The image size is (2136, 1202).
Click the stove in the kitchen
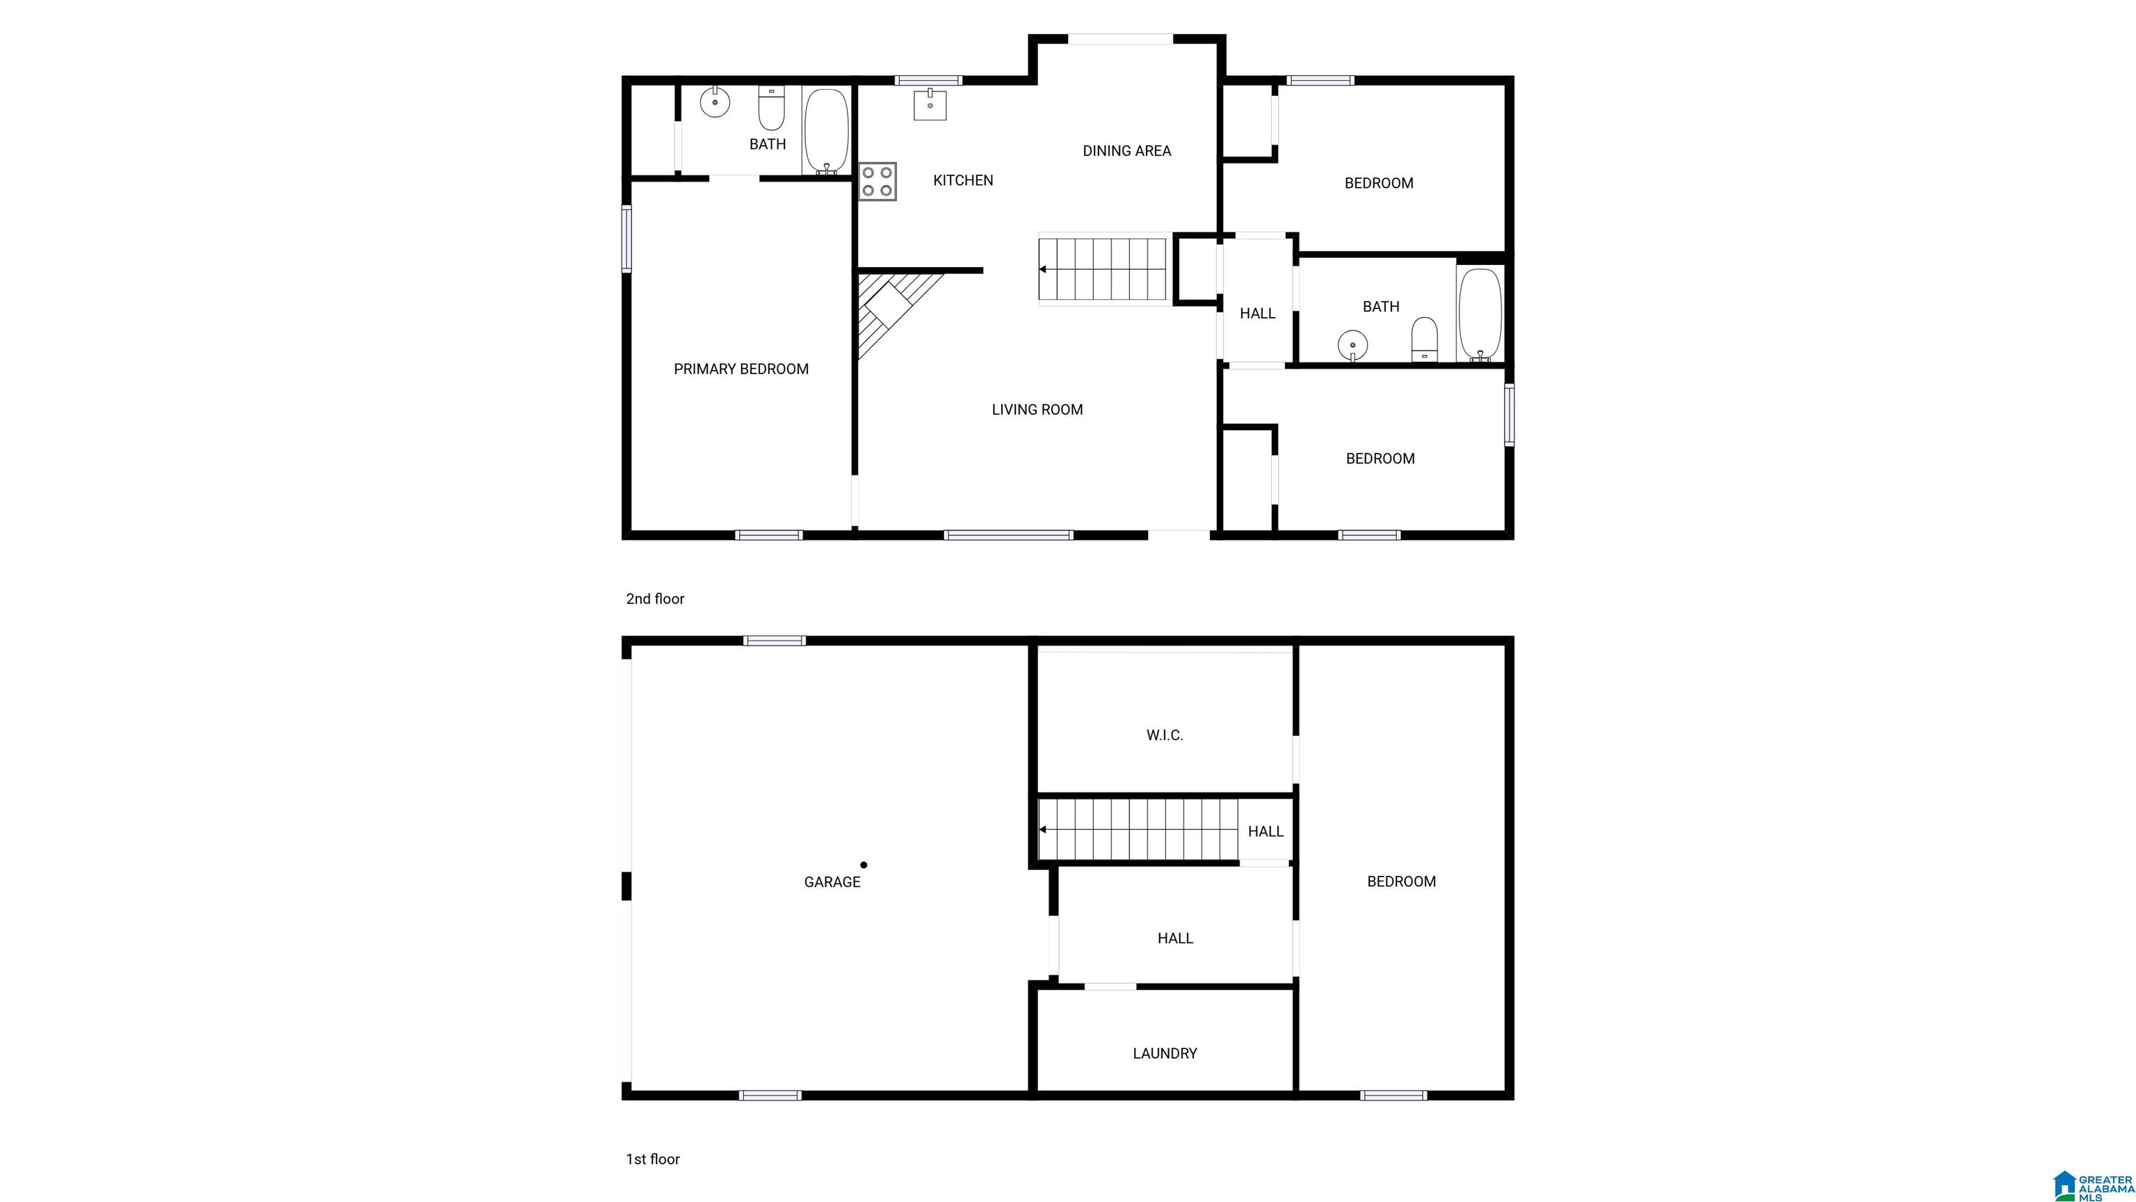coord(877,182)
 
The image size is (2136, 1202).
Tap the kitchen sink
coord(930,104)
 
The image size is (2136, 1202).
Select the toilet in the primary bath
coord(771,109)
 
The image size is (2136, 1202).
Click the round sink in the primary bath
coord(714,102)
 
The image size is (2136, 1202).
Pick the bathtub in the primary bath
coord(826,131)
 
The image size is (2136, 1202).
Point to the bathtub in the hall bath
coord(1480,314)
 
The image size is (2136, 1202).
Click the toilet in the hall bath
coord(1425,339)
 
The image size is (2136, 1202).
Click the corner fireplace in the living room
coord(891,311)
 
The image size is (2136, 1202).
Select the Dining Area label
coord(1127,151)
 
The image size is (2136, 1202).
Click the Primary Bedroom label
coord(741,369)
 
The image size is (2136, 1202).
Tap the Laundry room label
coord(1165,1054)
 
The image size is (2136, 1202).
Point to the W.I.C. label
coord(1165,735)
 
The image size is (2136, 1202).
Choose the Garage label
coord(832,882)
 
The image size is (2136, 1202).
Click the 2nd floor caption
coord(655,599)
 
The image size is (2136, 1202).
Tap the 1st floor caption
coord(653,1159)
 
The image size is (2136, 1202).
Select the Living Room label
coord(1037,410)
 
